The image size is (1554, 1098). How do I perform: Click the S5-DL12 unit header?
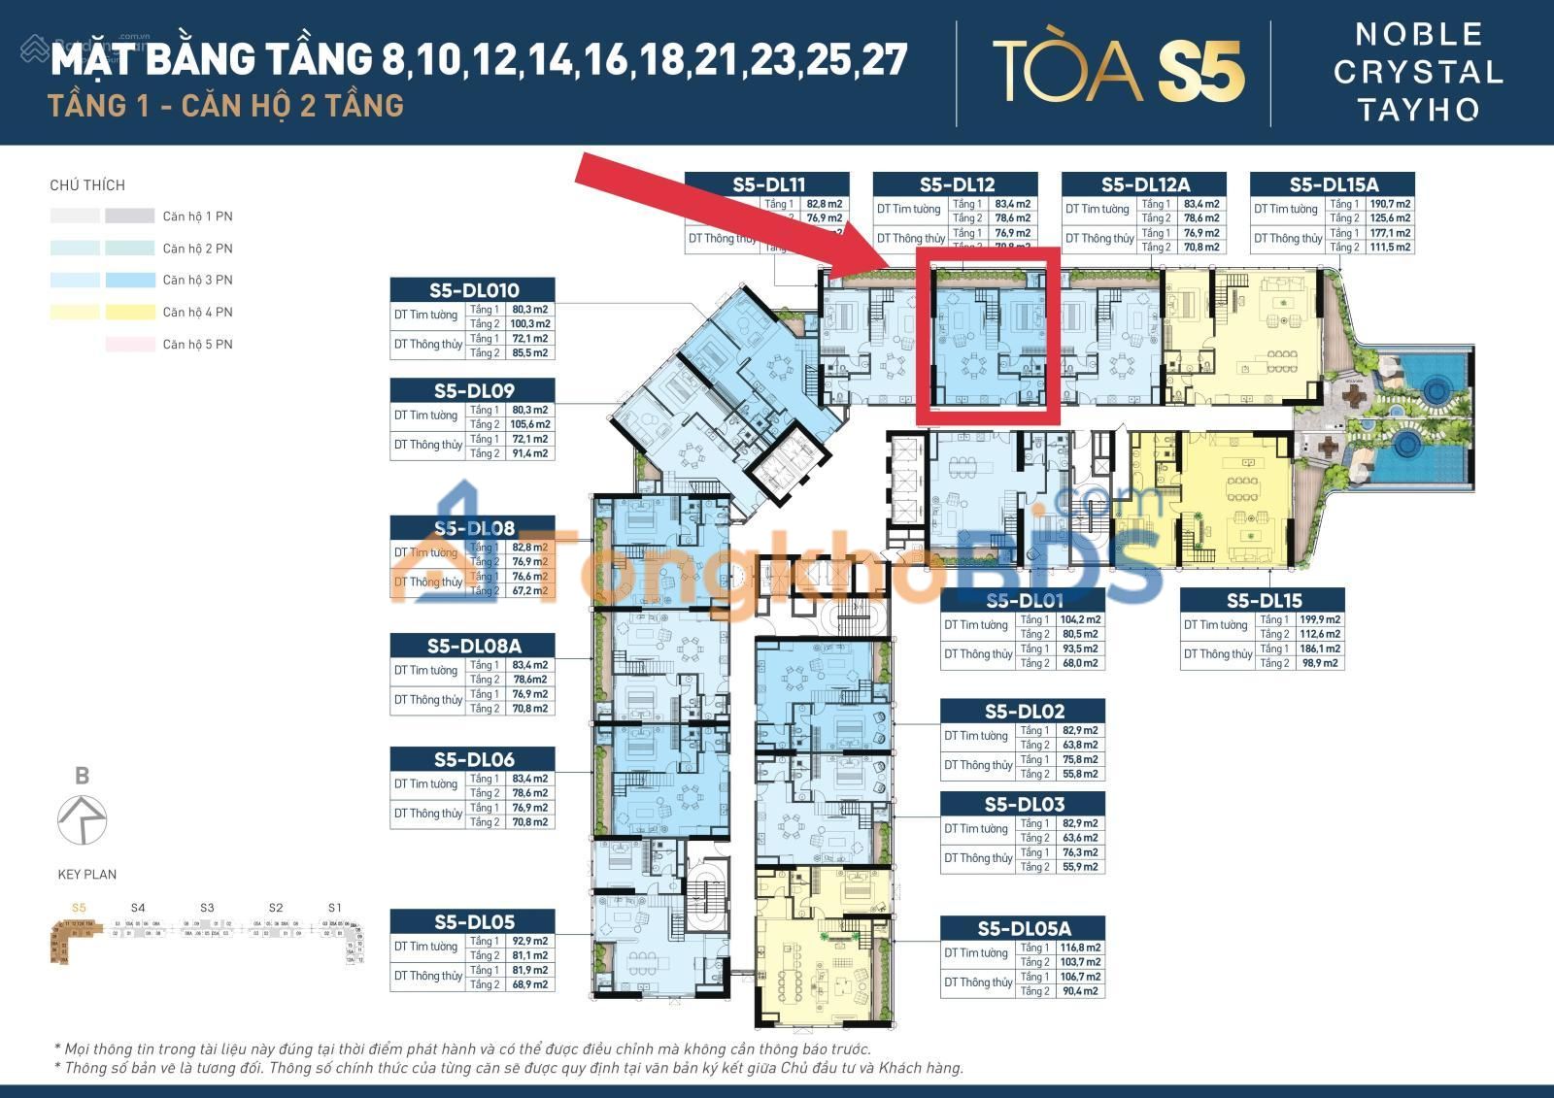coord(956,184)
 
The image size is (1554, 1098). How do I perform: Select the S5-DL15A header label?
coord(1333,184)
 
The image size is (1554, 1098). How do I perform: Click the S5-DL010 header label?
coord(473,289)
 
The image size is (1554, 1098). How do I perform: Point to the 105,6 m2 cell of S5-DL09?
coord(530,424)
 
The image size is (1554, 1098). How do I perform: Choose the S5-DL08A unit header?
coord(473,645)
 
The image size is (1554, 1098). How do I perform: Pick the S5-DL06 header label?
coord(473,759)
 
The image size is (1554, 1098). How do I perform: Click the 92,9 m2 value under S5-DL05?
coord(530,941)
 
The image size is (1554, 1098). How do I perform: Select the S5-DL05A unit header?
coord(1023,929)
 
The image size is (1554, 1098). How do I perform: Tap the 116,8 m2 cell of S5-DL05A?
coord(1080,948)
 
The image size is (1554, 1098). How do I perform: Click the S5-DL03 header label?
coord(1023,804)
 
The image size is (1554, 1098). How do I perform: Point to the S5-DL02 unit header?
coord(1023,711)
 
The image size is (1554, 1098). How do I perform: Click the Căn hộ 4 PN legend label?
coord(197,312)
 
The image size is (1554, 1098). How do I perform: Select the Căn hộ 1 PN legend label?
coord(197,216)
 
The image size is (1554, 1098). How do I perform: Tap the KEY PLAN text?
coord(86,874)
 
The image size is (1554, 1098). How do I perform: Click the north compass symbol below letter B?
coord(82,819)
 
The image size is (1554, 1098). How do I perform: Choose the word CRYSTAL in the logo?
coord(1418,72)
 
